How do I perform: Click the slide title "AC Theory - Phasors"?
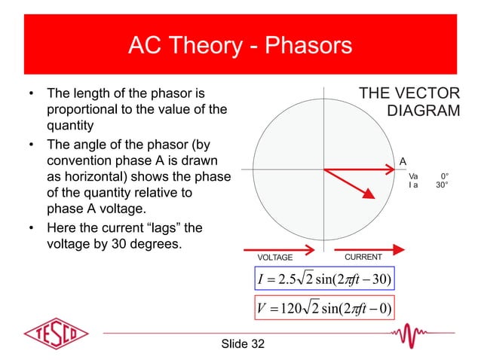tap(240, 47)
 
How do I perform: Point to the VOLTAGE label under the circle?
tap(276, 258)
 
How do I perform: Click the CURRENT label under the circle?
tap(363, 258)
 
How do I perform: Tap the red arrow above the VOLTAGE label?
tap(279, 249)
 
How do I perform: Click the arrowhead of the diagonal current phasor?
tap(369, 194)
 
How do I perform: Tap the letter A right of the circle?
tap(403, 160)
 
